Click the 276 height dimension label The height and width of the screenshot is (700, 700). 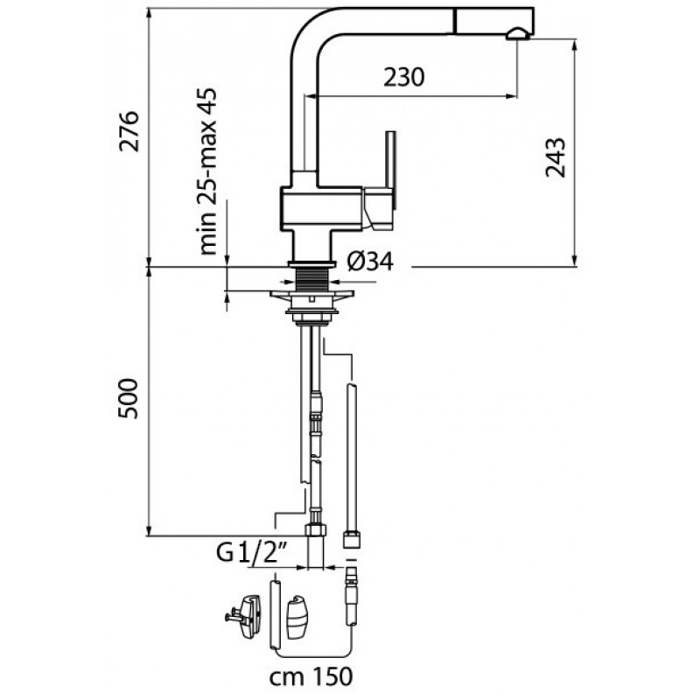(x=129, y=131)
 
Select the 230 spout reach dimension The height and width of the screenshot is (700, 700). (x=404, y=77)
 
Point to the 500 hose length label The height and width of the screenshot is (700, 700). (x=129, y=398)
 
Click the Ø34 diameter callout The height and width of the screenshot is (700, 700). (x=367, y=261)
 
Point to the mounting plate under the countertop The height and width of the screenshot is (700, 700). (x=311, y=298)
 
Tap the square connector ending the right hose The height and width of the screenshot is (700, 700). (x=351, y=534)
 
